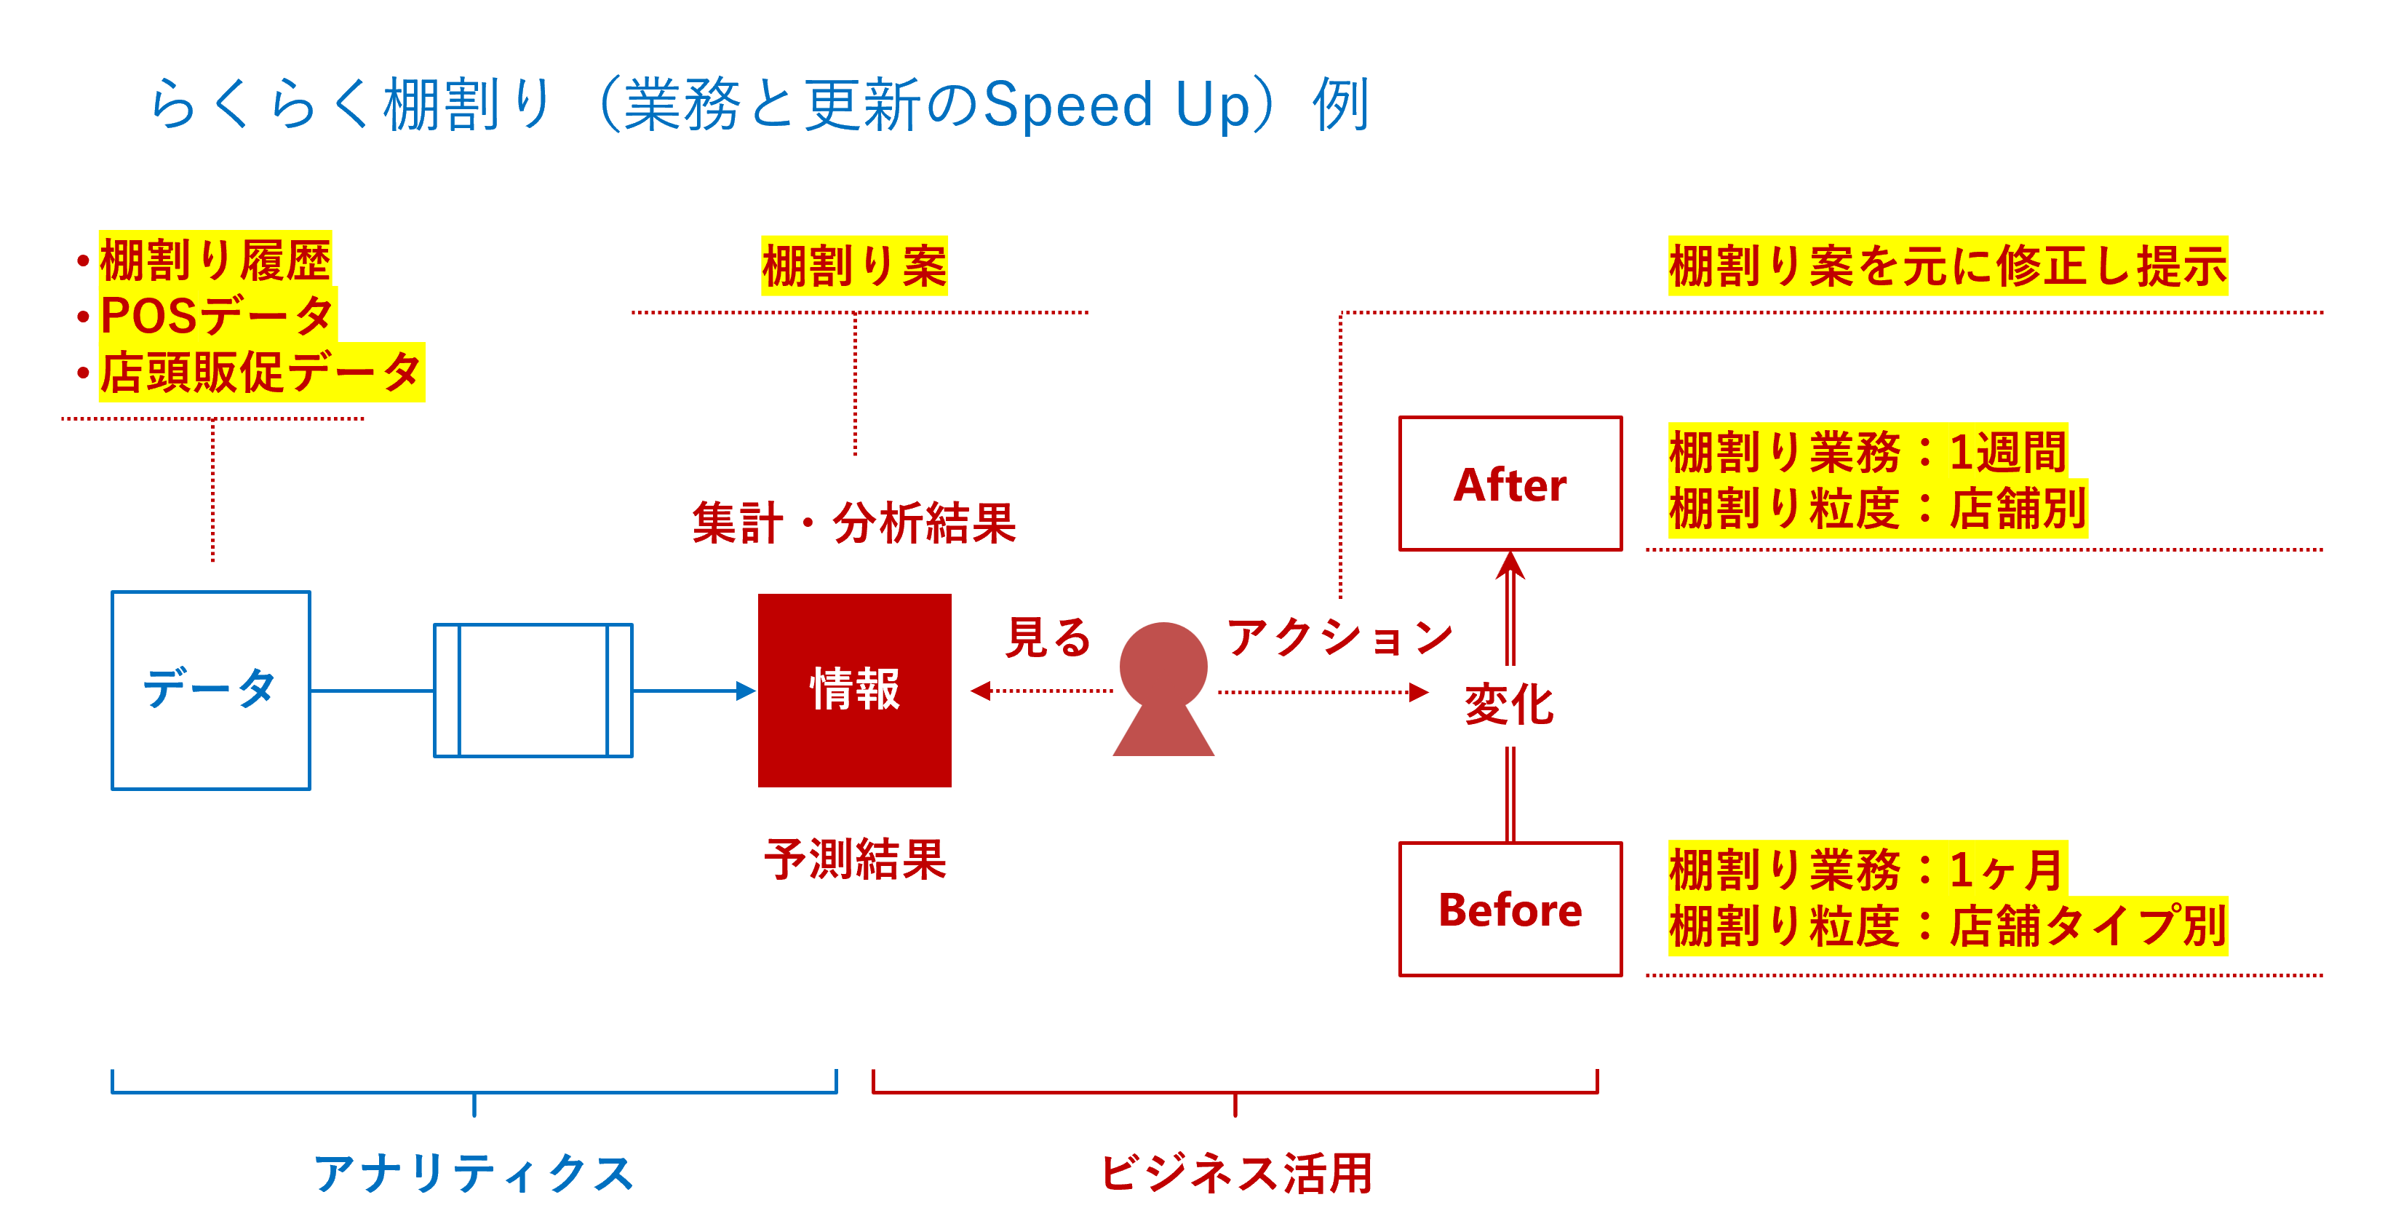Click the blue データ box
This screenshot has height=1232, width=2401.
point(211,690)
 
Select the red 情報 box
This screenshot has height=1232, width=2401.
point(855,690)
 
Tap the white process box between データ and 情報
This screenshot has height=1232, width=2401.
point(533,690)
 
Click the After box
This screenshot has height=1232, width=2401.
point(1510,484)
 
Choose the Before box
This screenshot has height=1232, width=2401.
point(1510,910)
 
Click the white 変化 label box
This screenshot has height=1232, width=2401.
point(1509,705)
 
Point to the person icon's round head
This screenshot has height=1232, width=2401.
point(1163,665)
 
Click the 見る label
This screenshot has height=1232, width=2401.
point(1048,637)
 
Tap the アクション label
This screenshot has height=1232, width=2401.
point(1340,637)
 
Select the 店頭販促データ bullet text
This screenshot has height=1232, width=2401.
point(261,372)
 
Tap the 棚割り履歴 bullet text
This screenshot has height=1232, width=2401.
point(215,259)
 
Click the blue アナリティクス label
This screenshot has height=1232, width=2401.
point(474,1172)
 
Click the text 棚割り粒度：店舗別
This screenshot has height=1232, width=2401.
point(1877,509)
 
